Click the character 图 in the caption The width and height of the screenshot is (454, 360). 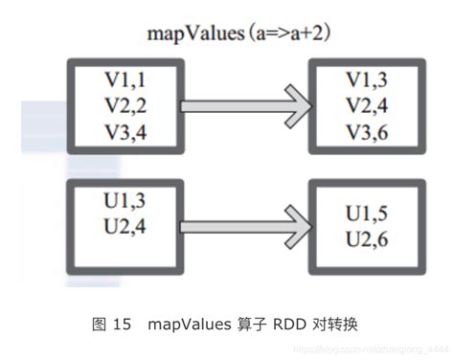99,325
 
